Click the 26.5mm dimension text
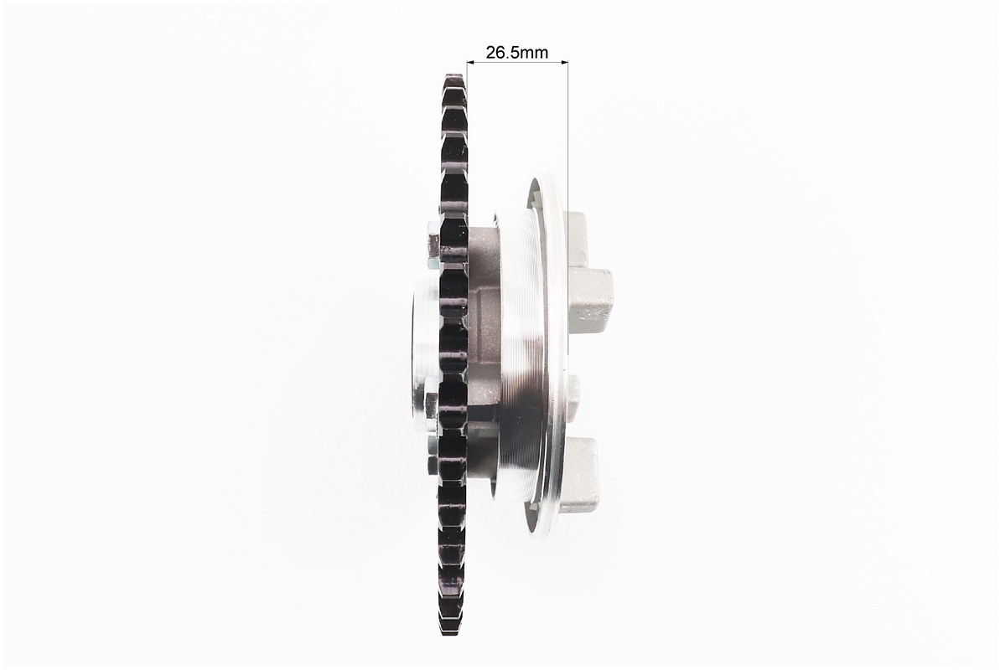tap(516, 52)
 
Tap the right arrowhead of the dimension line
tap(563, 63)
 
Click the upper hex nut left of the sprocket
tap(433, 242)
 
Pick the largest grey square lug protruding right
tap(590, 296)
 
